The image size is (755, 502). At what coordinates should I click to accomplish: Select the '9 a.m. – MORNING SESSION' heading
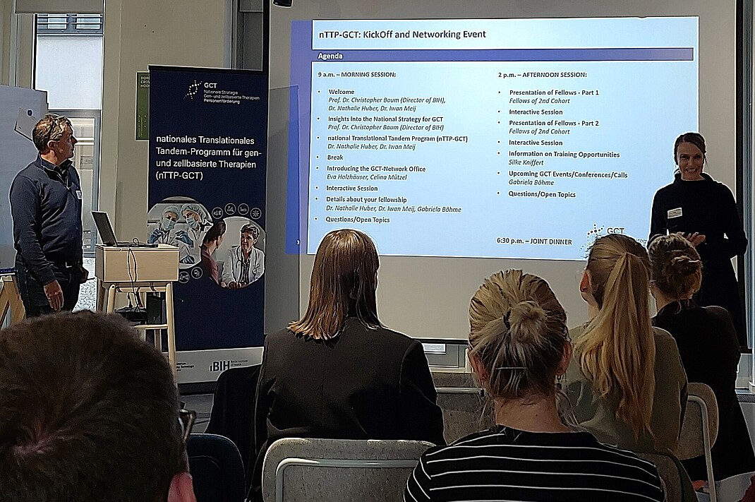pyautogui.click(x=356, y=75)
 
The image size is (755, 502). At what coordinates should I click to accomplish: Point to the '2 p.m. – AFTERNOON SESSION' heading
pyautogui.click(x=542, y=75)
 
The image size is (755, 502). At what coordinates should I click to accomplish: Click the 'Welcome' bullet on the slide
pyautogui.click(x=342, y=92)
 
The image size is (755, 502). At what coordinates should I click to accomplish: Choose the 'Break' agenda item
pyautogui.click(x=334, y=157)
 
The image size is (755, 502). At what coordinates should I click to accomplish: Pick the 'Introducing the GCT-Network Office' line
pyautogui.click(x=375, y=169)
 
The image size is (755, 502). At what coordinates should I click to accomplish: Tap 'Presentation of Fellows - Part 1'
pyautogui.click(x=554, y=92)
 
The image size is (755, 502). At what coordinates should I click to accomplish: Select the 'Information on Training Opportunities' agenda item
pyautogui.click(x=564, y=154)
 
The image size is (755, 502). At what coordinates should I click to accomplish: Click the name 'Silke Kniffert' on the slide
pyautogui.click(x=526, y=162)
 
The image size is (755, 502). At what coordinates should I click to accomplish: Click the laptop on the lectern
pyautogui.click(x=106, y=229)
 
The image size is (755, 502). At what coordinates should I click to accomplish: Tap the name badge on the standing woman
pyautogui.click(x=675, y=213)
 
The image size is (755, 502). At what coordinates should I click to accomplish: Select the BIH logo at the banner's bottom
pyautogui.click(x=219, y=365)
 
